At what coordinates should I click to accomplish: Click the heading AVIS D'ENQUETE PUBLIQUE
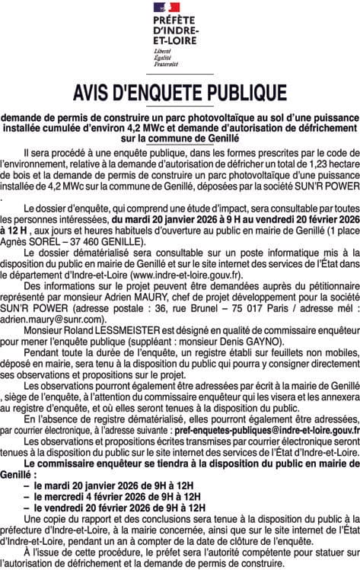click(x=180, y=94)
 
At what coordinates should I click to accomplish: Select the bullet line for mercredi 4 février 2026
click(x=112, y=495)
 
